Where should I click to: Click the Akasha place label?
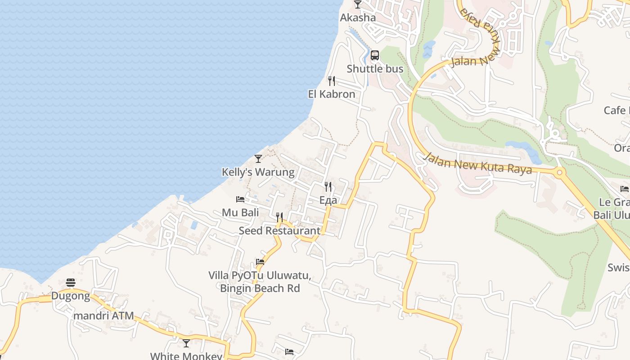tap(358, 18)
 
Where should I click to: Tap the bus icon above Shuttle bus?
tap(375, 56)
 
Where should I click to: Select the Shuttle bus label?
tap(375, 69)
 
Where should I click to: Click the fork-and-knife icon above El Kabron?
tap(332, 81)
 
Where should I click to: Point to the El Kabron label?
tap(332, 94)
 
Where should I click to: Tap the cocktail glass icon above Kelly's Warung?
tap(258, 158)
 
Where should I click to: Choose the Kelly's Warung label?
tap(258, 172)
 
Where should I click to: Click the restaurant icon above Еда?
tap(328, 187)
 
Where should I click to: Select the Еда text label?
tap(328, 201)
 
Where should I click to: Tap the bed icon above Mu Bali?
tap(240, 199)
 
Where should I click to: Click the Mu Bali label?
tap(240, 212)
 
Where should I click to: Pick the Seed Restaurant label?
tap(279, 231)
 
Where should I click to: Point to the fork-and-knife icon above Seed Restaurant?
tap(279, 217)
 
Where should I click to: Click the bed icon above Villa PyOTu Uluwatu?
tap(260, 261)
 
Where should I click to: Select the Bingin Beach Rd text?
tap(260, 288)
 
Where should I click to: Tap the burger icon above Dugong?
tap(71, 283)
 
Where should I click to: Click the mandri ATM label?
tap(103, 316)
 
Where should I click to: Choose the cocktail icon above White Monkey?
tap(186, 343)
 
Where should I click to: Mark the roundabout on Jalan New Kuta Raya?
tap(560, 172)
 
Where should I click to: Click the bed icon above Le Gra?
tap(625, 189)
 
